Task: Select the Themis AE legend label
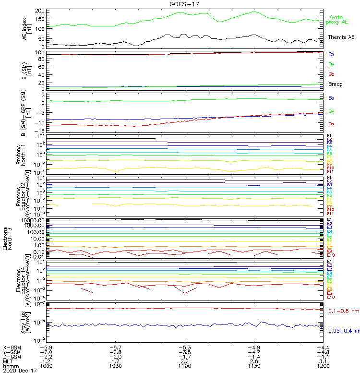click(x=341, y=37)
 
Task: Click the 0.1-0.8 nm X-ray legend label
click(x=343, y=312)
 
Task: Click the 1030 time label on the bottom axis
click(x=116, y=366)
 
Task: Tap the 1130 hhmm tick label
click(x=254, y=366)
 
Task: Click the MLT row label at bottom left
click(x=8, y=361)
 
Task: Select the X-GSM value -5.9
click(x=46, y=347)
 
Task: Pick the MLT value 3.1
click(x=323, y=361)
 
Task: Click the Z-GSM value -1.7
click(x=185, y=356)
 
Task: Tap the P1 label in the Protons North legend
click(x=329, y=136)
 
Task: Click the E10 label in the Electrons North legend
click(x=331, y=255)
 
